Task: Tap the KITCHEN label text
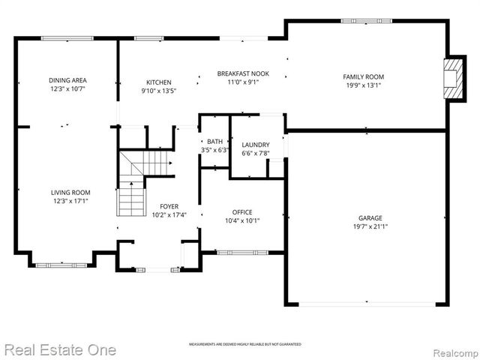[158, 82]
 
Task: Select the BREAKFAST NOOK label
[243, 73]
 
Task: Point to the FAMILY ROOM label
[363, 76]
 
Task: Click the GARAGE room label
[370, 217]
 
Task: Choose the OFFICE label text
[241, 211]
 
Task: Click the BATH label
[214, 141]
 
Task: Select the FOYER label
[169, 206]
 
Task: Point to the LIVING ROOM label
[70, 193]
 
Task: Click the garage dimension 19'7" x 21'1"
[370, 226]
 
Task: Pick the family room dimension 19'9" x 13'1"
[363, 85]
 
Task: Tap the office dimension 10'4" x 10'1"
[241, 220]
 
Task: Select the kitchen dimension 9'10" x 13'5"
[158, 91]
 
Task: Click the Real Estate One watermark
[60, 349]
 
